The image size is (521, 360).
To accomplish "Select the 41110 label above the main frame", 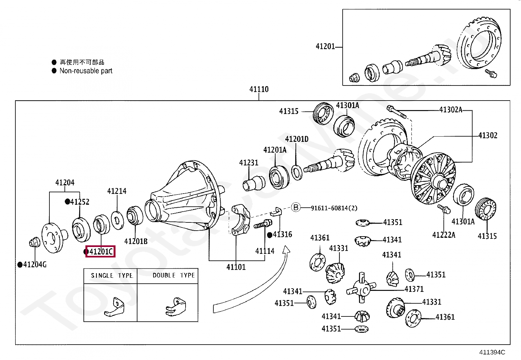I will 259,89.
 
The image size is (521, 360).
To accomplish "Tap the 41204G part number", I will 35,264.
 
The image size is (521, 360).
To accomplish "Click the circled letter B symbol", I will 296,207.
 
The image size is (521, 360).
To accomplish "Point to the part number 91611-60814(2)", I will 334,208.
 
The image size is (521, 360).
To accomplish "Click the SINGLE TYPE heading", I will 112,275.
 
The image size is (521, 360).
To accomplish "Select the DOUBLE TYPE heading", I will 173,275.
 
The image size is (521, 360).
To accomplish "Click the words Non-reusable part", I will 86,71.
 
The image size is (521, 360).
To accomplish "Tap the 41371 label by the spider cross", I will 414,289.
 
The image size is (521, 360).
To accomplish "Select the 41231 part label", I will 249,162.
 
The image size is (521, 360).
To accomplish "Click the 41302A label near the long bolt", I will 450,110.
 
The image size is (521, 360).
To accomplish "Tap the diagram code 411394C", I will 492,352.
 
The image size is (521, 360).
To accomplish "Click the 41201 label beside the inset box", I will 325,47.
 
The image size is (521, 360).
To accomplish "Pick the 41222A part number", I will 443,235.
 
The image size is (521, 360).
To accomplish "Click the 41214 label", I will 117,191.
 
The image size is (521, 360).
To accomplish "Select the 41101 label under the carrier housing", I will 236,267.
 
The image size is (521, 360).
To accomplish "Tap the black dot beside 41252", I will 67,202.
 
